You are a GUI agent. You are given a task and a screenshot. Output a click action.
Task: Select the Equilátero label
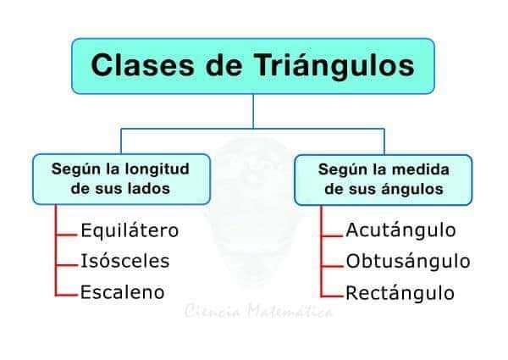tap(130, 230)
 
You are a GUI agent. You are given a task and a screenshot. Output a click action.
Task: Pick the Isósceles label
tap(124, 261)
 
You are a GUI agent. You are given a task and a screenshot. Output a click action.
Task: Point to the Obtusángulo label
tap(407, 261)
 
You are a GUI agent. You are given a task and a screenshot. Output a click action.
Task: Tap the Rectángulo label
tap(400, 293)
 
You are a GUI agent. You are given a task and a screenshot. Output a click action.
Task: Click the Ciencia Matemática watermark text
tap(258, 312)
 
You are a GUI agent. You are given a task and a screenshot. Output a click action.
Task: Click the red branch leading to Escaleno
tap(67, 295)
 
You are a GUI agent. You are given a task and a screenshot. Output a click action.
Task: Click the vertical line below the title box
tap(253, 111)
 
